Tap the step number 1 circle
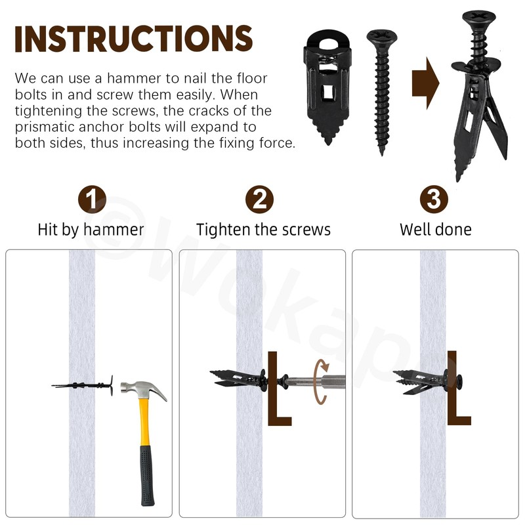click(91, 199)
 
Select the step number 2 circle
click(260, 199)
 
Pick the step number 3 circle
click(434, 199)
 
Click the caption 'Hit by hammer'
click(91, 230)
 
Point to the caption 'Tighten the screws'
click(263, 230)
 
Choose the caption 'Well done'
click(435, 230)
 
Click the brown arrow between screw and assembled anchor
click(425, 83)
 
